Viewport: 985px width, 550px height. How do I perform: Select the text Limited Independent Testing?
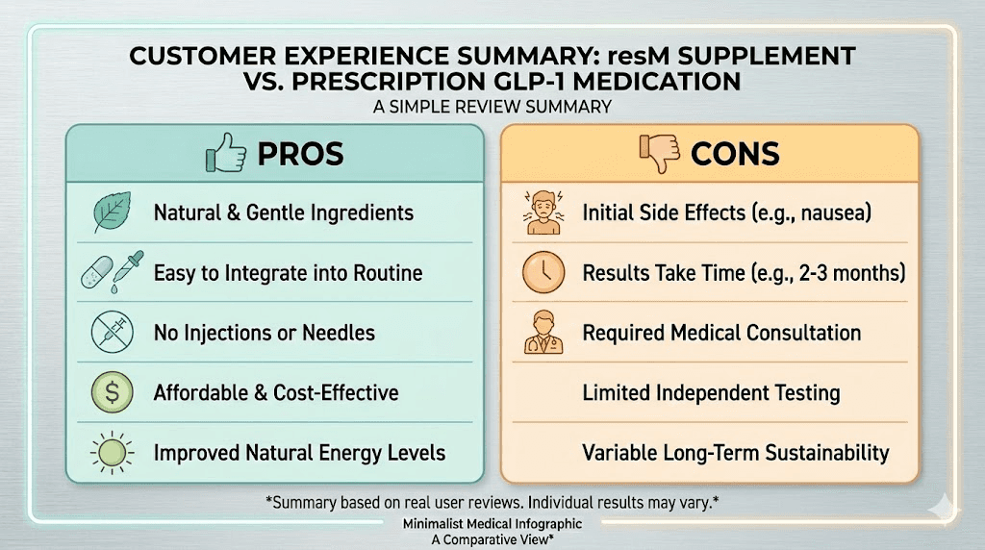pos(711,392)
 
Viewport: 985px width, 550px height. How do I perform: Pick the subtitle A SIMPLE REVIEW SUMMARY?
pos(492,107)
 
